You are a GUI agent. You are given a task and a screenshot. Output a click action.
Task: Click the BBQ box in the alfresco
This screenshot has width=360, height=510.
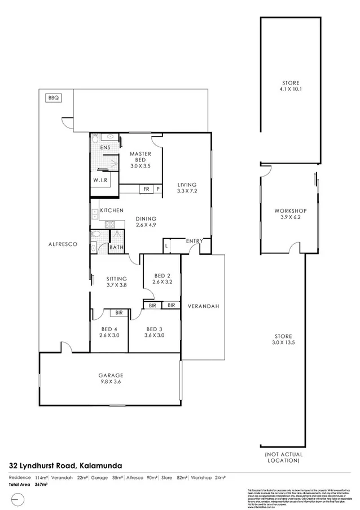point(54,98)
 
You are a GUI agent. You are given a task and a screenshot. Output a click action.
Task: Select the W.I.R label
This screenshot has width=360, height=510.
point(100,181)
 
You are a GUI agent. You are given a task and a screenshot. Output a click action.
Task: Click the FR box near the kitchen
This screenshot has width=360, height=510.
point(146,189)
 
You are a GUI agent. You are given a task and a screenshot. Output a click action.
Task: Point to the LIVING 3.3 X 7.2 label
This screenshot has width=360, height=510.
point(186,188)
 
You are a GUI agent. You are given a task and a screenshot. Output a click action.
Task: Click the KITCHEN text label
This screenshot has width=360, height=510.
point(112,210)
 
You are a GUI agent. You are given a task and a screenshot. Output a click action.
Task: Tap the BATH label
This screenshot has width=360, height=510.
point(117,247)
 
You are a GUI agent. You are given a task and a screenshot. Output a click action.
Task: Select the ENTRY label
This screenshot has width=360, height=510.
point(194,241)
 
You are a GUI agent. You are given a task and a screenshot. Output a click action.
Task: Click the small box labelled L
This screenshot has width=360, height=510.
point(167,246)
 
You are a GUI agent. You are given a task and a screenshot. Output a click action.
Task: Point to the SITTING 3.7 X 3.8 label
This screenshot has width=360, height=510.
point(116,282)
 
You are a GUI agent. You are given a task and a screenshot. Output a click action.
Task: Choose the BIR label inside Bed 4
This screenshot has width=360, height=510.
point(120,312)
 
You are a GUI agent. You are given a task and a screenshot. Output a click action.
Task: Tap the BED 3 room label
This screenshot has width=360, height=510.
point(155,332)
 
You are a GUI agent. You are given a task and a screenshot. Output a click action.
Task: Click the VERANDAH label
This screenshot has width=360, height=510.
point(203,306)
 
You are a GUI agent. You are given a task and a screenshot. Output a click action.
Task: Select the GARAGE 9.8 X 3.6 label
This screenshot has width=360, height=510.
point(110,379)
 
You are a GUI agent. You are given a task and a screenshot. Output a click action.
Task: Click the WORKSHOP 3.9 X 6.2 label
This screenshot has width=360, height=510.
point(290,214)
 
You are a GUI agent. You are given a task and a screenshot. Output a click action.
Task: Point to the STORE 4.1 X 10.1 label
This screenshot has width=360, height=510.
point(291,86)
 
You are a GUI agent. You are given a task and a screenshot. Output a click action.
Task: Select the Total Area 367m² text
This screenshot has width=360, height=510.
point(29,485)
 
